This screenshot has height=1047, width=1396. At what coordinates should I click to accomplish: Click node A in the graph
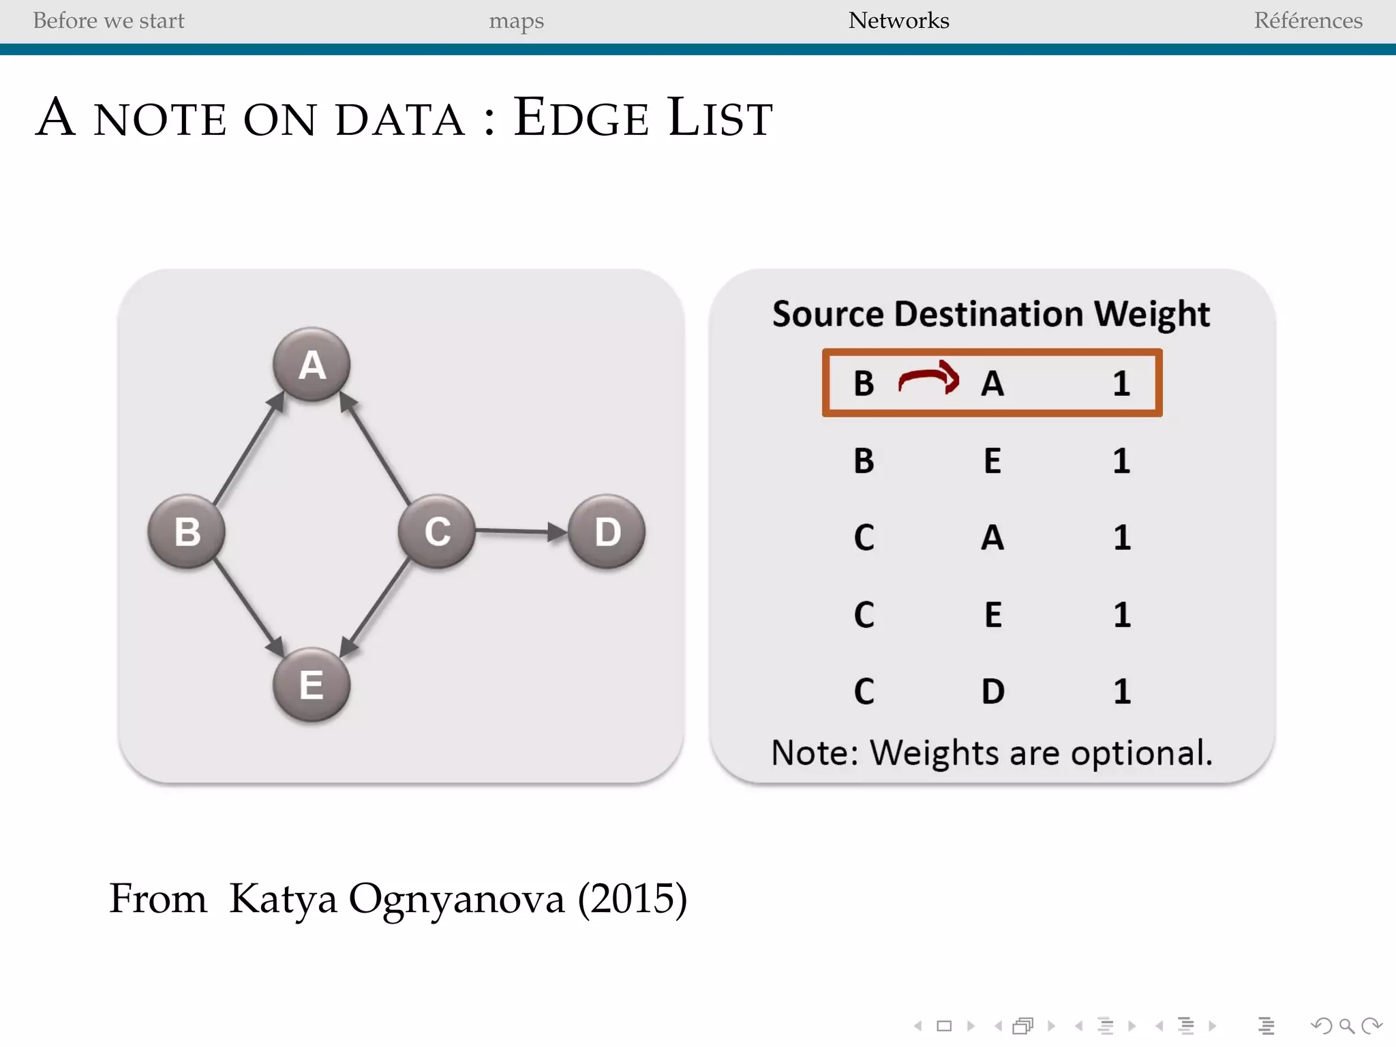(x=312, y=364)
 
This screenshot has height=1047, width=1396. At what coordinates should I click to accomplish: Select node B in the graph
(x=187, y=531)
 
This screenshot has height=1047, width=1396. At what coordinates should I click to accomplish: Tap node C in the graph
(x=437, y=531)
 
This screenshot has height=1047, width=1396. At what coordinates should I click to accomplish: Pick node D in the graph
(x=607, y=531)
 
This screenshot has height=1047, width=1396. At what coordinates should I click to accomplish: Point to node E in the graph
(x=312, y=684)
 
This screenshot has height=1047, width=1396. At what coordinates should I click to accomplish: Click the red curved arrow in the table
(x=928, y=378)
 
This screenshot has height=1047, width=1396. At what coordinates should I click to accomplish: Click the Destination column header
(x=989, y=314)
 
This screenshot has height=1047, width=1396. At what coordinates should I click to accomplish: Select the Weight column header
(x=1152, y=314)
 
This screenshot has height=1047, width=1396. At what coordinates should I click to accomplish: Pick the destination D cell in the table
(x=993, y=691)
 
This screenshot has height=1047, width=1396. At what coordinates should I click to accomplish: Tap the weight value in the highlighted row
(x=1121, y=383)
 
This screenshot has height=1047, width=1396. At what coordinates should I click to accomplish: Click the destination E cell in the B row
(x=992, y=461)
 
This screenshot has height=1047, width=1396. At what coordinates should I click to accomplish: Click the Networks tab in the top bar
(x=898, y=20)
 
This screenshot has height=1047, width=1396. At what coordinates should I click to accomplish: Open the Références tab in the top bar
(x=1308, y=20)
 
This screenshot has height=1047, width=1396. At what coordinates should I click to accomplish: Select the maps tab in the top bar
(x=516, y=21)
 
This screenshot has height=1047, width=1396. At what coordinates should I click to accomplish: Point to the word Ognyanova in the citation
(x=457, y=899)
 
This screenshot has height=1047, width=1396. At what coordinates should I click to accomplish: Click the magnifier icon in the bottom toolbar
(x=1346, y=1026)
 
